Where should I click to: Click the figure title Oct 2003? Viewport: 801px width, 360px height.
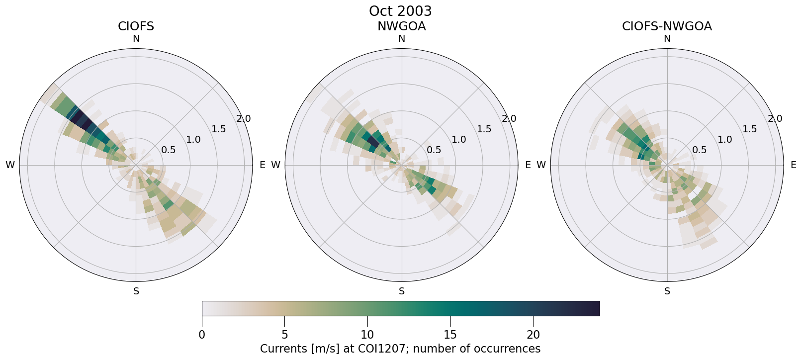(400, 11)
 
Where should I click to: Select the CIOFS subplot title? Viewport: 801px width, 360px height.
(136, 26)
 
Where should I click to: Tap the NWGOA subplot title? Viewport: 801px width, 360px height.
(401, 26)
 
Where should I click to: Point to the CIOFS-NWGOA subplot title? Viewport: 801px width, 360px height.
(667, 26)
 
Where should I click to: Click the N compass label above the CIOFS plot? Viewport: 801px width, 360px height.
(136, 39)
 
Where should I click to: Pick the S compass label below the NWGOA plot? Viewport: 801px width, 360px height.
(402, 291)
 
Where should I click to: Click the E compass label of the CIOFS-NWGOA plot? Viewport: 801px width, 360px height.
(793, 165)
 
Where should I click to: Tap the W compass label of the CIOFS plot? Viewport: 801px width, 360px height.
(10, 165)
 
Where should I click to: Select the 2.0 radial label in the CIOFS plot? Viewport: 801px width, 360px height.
(244, 119)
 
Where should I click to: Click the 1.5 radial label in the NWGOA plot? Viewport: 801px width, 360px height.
(484, 129)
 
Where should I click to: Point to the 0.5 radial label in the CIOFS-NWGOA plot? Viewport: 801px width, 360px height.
(700, 150)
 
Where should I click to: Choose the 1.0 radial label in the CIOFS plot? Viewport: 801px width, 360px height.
(193, 140)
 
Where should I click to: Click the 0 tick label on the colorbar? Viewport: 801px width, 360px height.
(202, 335)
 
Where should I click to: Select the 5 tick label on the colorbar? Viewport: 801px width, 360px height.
(284, 335)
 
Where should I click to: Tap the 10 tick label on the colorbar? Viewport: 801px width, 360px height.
(367, 335)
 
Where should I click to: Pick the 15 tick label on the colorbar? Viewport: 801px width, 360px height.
(450, 335)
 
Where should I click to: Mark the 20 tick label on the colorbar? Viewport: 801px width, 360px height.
(533, 335)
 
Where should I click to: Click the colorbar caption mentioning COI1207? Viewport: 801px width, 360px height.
(400, 349)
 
